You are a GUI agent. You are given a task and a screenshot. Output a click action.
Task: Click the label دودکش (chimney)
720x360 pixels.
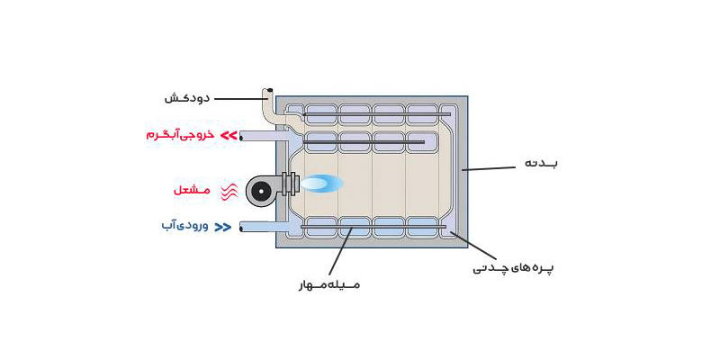[x=187, y=98]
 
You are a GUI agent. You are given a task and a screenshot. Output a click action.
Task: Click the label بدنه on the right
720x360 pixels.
[x=541, y=165]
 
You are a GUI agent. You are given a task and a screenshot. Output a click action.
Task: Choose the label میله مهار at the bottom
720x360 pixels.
[x=330, y=284]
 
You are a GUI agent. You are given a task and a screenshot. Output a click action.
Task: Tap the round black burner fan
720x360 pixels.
[x=261, y=190]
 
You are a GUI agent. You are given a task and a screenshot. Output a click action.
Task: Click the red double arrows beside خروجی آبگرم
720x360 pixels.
[x=229, y=136]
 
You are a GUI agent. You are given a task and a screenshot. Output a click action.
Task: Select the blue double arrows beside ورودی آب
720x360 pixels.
[x=222, y=227]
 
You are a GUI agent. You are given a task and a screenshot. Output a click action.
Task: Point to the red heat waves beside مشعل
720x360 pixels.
[x=229, y=190]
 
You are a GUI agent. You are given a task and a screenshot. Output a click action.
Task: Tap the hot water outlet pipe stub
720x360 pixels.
[x=261, y=136]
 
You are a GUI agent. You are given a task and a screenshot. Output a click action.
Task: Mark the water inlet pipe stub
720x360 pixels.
[x=261, y=228]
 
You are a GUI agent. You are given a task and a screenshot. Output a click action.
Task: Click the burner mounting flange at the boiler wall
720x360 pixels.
[x=289, y=184]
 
